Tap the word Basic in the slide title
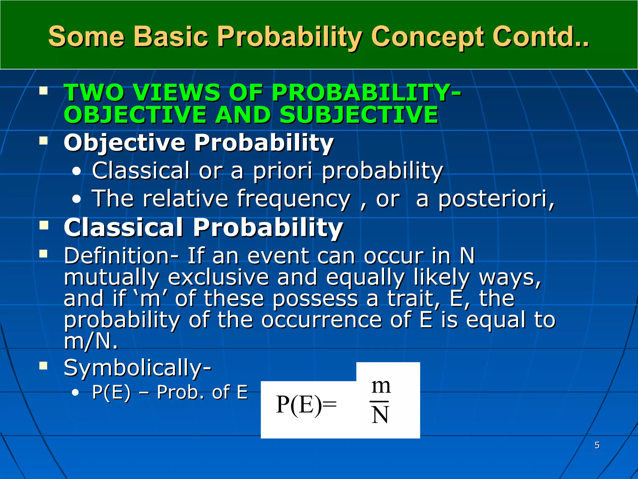pyautogui.click(x=171, y=36)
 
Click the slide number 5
pyautogui.click(x=597, y=445)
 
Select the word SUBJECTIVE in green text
pyautogui.click(x=359, y=114)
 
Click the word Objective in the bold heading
pyautogui.click(x=125, y=143)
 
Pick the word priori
pyautogui.click(x=282, y=171)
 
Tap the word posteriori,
pyautogui.click(x=496, y=199)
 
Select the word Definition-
pyautogui.click(x=121, y=256)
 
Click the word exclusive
pyautogui.click(x=218, y=277)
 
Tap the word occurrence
pyautogui.click(x=321, y=320)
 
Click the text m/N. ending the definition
pyautogui.click(x=91, y=341)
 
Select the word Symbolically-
pyautogui.click(x=137, y=368)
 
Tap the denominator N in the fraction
pyautogui.click(x=380, y=415)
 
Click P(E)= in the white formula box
pyautogui.click(x=306, y=404)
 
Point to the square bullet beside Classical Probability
pyautogui.click(x=44, y=225)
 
